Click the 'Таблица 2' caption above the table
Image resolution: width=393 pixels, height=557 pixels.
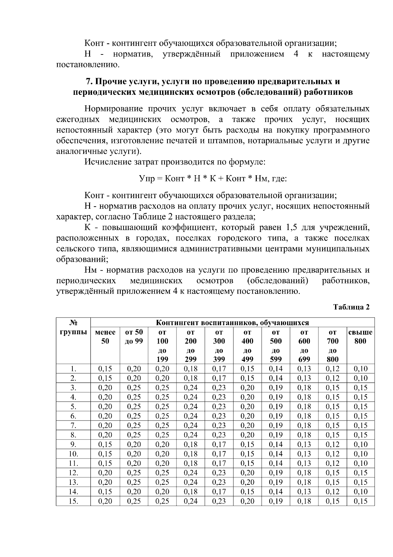pos(351,307)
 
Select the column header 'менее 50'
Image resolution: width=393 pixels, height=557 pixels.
pos(105,337)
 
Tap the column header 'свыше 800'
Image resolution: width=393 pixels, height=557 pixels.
pos(360,337)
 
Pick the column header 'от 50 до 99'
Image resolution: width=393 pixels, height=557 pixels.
pos(134,337)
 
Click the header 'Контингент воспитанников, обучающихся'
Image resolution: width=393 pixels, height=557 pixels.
pos(232,323)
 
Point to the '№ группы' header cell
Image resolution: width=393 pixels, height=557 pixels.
pos(73,327)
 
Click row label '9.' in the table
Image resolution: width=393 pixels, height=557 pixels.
pos(73,444)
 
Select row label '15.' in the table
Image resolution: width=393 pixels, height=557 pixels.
pos(73,501)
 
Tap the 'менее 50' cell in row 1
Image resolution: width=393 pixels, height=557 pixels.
pos(105,368)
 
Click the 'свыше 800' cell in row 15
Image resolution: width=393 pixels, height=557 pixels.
pos(360,501)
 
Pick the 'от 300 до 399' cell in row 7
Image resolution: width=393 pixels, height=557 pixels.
pos(219,425)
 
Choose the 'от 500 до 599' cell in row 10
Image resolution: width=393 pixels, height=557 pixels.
pos(275,454)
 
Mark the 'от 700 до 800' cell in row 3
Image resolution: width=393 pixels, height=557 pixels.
pos(332,387)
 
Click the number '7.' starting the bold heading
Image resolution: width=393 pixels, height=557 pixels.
pos(89,81)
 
